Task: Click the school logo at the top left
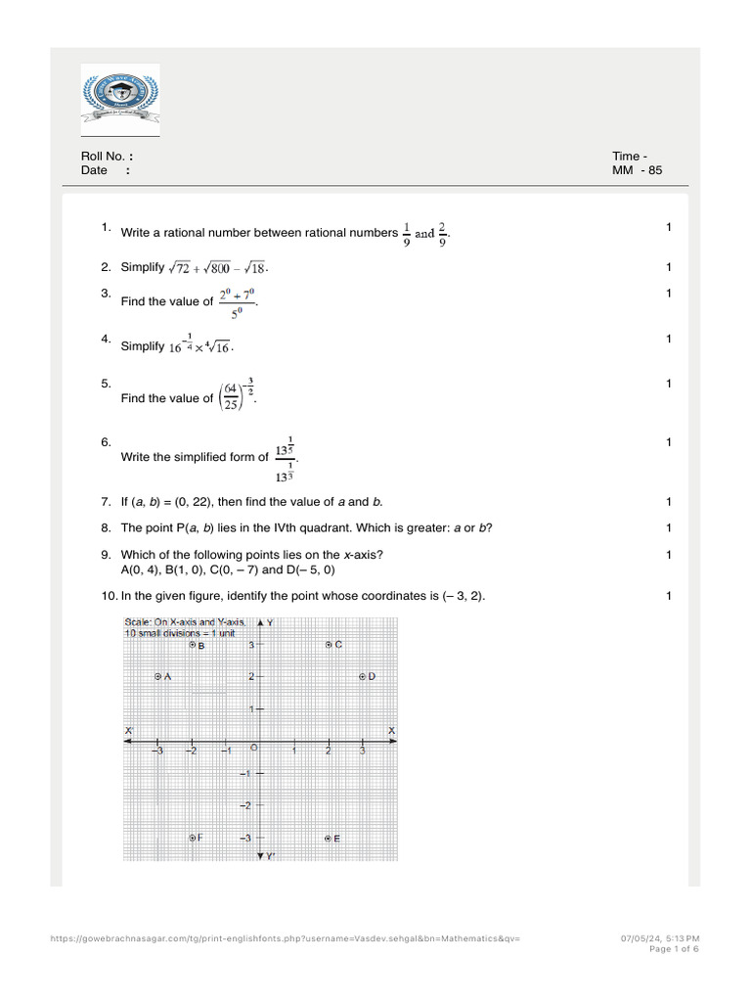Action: pyautogui.click(x=119, y=101)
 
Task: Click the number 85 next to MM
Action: pyautogui.click(x=654, y=170)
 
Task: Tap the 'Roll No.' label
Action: pyautogui.click(x=104, y=157)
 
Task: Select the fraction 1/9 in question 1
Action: pyautogui.click(x=407, y=234)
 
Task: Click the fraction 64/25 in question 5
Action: pyautogui.click(x=231, y=398)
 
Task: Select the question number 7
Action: pyautogui.click(x=106, y=502)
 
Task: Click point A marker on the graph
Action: pyautogui.click(x=158, y=676)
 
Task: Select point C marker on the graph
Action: pyautogui.click(x=329, y=645)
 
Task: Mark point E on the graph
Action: pyautogui.click(x=329, y=839)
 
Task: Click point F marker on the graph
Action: pyautogui.click(x=193, y=838)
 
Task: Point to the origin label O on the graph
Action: pyautogui.click(x=253, y=749)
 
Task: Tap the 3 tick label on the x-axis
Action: pyautogui.click(x=363, y=751)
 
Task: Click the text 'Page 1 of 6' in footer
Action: pyautogui.click(x=674, y=949)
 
